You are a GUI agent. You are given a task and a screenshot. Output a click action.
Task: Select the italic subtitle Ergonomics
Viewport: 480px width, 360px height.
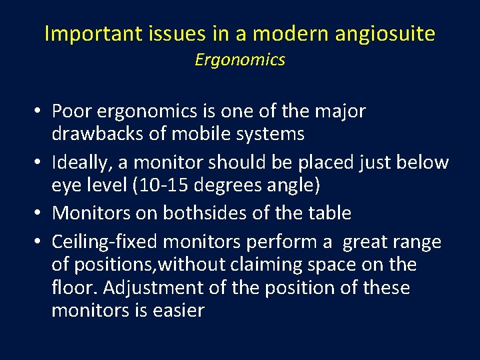point(240,60)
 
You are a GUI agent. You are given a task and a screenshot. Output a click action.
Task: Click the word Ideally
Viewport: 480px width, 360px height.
point(78,162)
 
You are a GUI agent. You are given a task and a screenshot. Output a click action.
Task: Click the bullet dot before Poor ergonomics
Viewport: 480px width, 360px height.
point(40,111)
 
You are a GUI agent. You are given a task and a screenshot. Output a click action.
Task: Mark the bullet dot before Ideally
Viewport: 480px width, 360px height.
point(40,163)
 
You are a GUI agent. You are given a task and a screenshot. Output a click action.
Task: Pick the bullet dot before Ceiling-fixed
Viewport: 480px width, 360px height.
point(40,242)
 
